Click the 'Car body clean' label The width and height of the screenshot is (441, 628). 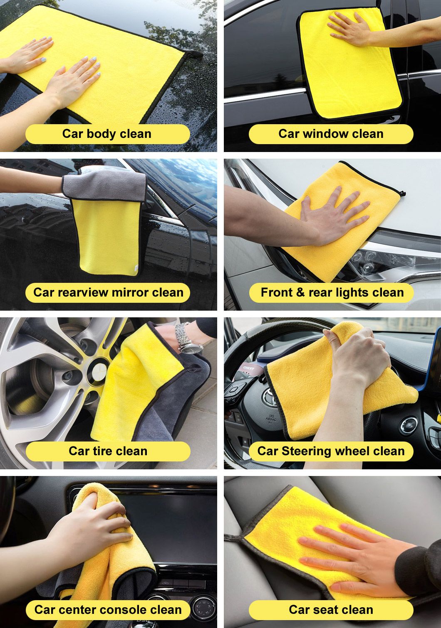tap(107, 134)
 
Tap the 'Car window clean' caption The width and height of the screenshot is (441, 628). tap(331, 134)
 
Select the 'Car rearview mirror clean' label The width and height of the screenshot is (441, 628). tap(109, 292)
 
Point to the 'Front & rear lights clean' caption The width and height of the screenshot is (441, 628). tap(332, 292)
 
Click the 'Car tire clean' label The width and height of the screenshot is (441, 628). tap(108, 451)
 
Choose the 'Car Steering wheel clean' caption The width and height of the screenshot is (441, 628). tap(331, 451)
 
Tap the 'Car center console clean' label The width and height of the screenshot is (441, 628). tap(108, 610)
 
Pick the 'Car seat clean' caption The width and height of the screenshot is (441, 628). tap(331, 610)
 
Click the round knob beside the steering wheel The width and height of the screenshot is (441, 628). tap(409, 425)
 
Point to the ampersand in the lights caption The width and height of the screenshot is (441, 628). tap(300, 292)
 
